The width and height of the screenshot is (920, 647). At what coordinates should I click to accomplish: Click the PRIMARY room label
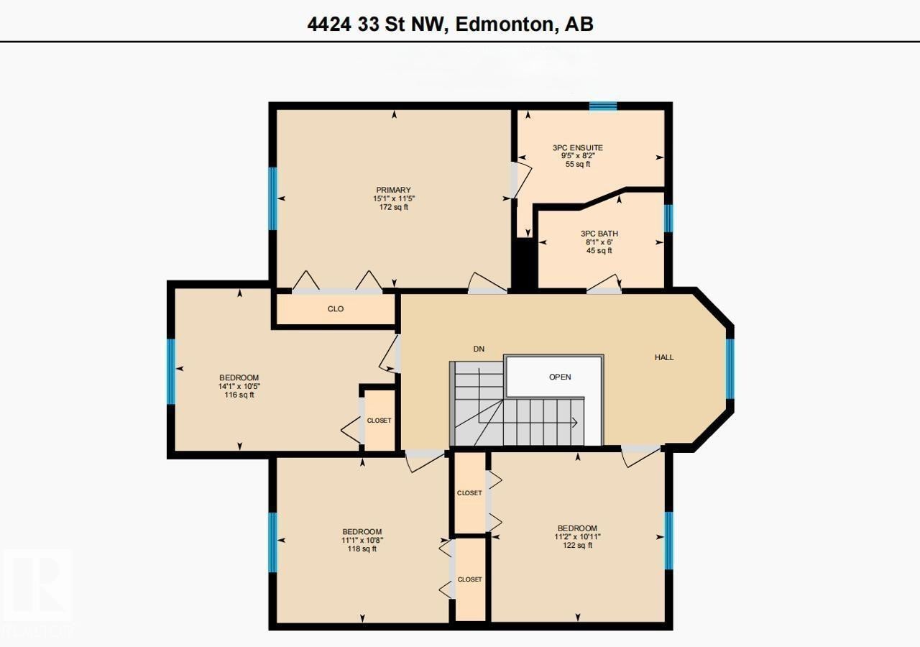[x=393, y=191]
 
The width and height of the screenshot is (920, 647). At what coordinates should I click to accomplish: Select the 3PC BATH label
[x=599, y=234]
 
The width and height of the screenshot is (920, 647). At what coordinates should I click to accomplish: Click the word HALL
[x=664, y=357]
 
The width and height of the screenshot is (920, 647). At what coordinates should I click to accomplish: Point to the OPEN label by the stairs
[x=560, y=377]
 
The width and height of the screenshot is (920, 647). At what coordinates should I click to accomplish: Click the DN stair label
[x=479, y=349]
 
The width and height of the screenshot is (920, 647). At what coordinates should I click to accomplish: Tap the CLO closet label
[x=336, y=309]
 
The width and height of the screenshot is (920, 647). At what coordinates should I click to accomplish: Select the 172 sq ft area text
[x=393, y=208]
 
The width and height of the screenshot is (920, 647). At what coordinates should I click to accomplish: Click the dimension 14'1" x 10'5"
[x=239, y=386]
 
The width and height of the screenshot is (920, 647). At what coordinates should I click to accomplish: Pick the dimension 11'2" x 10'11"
[x=577, y=537]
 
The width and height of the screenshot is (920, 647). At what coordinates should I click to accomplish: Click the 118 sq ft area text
[x=362, y=549]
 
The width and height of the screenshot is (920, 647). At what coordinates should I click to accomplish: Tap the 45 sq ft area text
[x=599, y=251]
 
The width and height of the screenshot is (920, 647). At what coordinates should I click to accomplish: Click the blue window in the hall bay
[x=730, y=368]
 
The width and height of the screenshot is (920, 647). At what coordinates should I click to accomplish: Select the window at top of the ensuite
[x=603, y=106]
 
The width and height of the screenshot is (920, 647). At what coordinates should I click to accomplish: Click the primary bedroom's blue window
[x=272, y=198]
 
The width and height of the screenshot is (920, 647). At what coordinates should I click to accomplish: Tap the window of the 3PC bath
[x=668, y=219]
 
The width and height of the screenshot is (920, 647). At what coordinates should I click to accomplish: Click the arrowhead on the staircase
[x=575, y=423]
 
